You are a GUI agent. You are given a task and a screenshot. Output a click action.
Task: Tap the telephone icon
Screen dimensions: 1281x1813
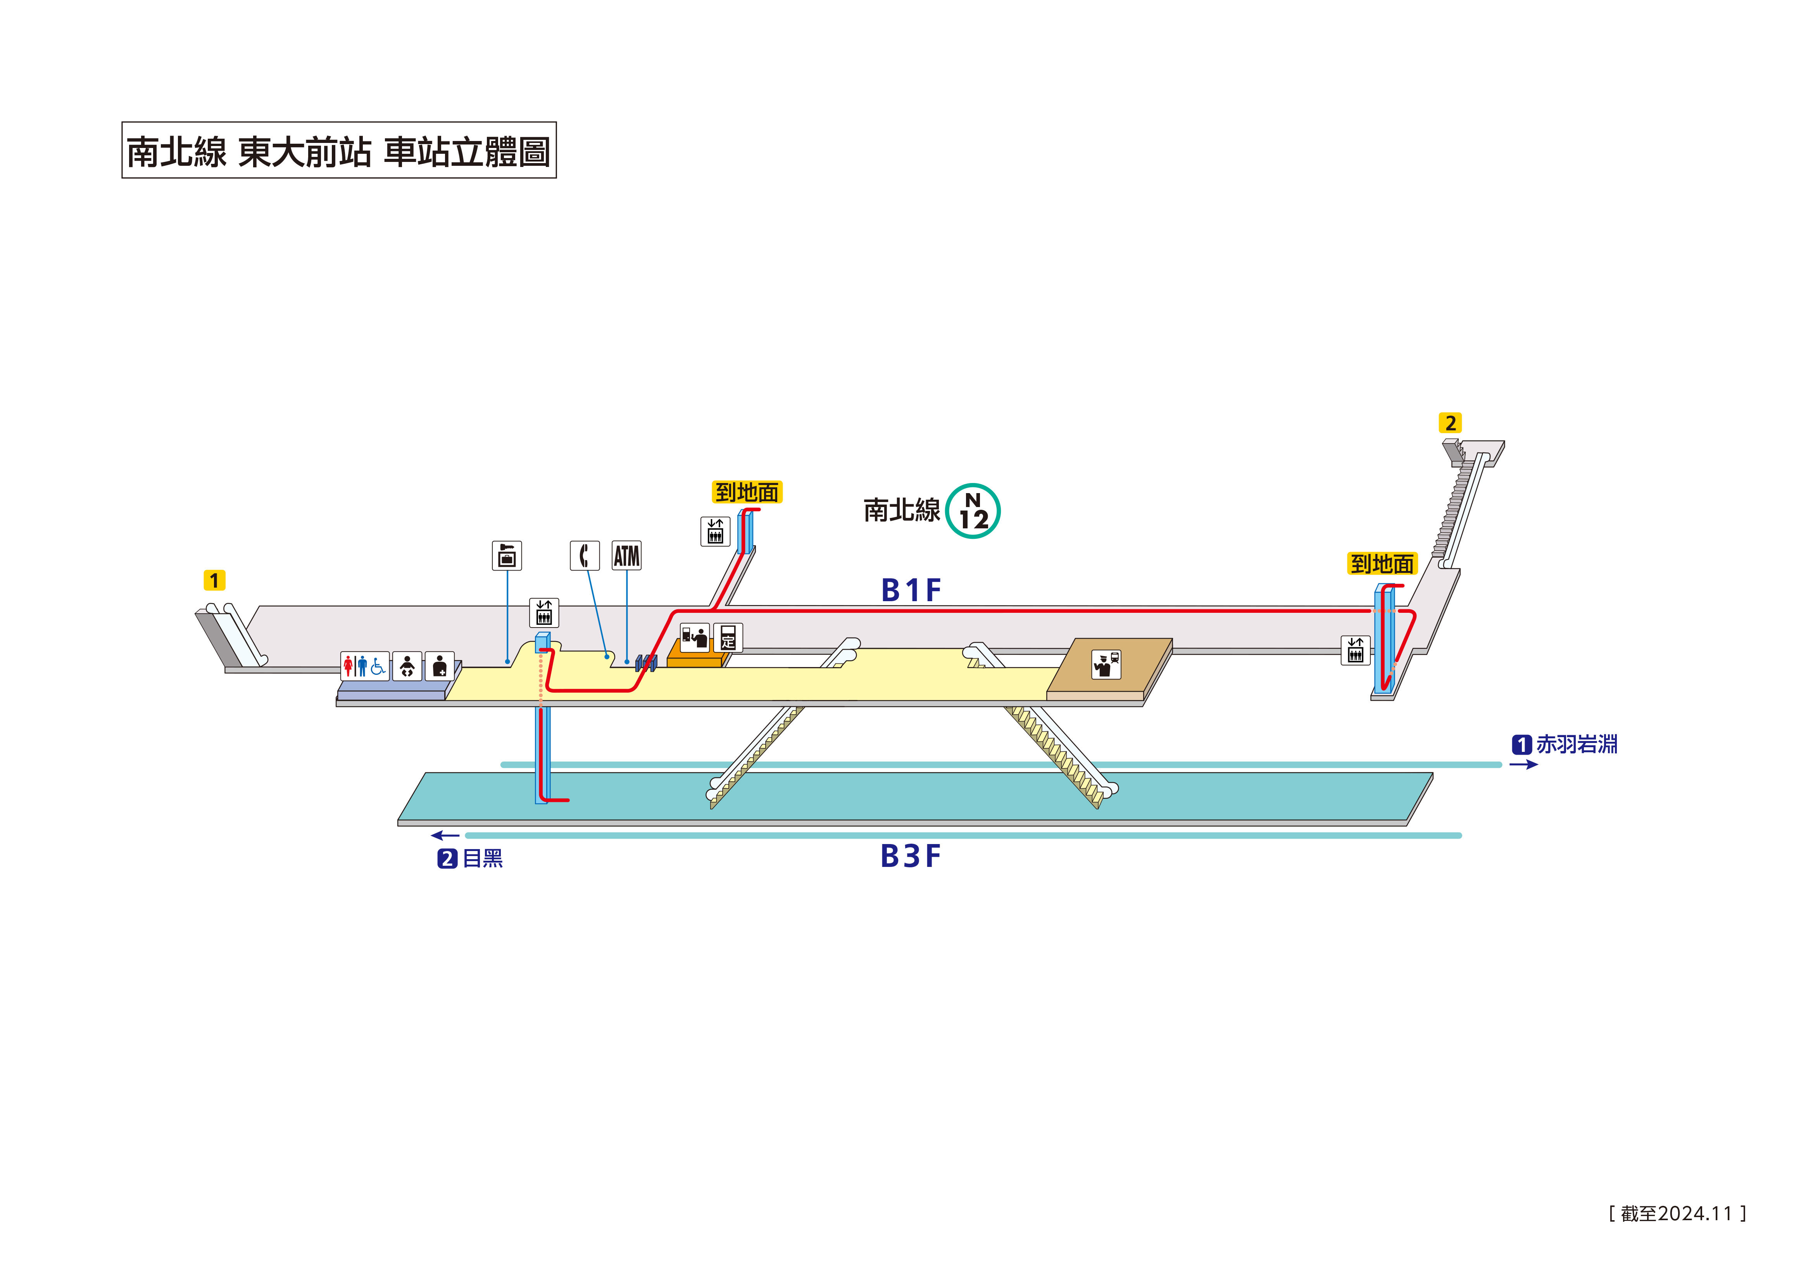pos(584,555)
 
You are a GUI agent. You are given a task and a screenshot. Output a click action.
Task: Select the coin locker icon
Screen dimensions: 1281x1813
pos(507,555)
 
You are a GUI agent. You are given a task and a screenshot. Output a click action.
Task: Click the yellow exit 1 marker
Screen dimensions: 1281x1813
pos(214,580)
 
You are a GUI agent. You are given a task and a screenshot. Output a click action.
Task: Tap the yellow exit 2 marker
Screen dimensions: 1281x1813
pos(1450,423)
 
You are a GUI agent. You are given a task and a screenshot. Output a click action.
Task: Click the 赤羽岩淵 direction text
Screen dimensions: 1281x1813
pos(1576,744)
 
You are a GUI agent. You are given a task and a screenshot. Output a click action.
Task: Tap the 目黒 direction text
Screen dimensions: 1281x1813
pos(483,859)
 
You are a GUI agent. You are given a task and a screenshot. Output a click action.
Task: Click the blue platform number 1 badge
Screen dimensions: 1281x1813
pos(1521,744)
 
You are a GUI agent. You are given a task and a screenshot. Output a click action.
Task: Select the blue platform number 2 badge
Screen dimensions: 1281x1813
pos(447,859)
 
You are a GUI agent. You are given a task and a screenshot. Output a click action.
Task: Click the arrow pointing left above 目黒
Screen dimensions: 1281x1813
pos(445,835)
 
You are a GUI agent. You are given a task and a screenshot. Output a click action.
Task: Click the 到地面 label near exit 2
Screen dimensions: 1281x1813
pos(1382,564)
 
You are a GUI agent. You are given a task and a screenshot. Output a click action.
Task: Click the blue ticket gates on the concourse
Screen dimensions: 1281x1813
pos(646,663)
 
